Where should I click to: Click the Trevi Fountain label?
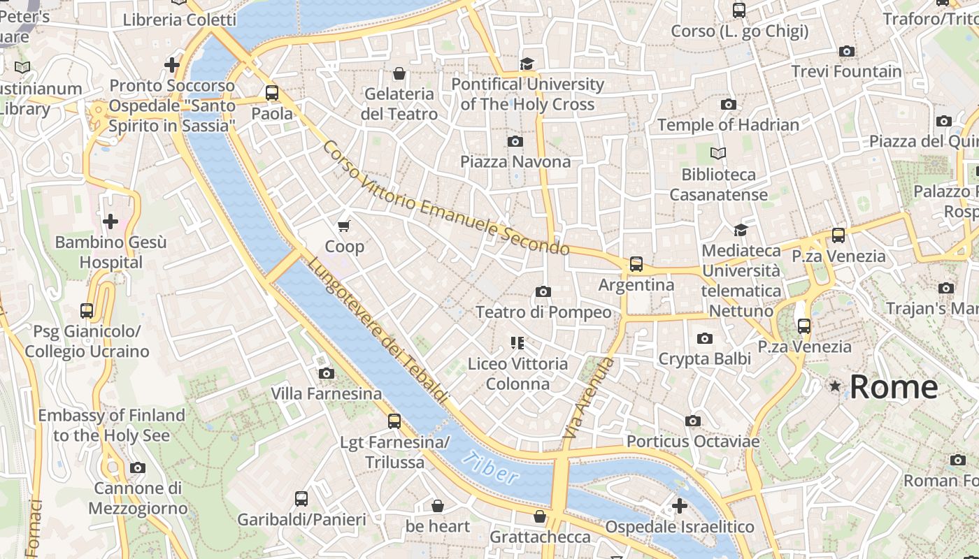click(846, 71)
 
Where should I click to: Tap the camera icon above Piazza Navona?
click(515, 141)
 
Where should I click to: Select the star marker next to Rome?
click(834, 386)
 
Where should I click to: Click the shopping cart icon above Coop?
click(343, 226)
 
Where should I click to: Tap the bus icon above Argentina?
click(636, 263)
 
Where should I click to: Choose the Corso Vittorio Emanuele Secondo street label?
click(445, 198)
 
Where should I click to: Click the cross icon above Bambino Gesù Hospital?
click(110, 222)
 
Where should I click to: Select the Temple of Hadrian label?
click(728, 125)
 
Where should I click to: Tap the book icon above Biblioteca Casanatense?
click(718, 153)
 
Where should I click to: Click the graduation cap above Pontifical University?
click(527, 64)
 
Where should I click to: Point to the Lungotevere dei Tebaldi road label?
click(378, 331)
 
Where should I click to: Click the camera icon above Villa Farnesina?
click(326, 373)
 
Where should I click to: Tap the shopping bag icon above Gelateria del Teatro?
click(399, 73)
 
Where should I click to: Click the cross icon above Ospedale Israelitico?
click(679, 505)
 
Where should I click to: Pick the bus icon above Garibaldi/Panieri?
click(301, 498)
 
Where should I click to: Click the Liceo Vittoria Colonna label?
click(517, 374)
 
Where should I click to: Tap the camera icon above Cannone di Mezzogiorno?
click(138, 467)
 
